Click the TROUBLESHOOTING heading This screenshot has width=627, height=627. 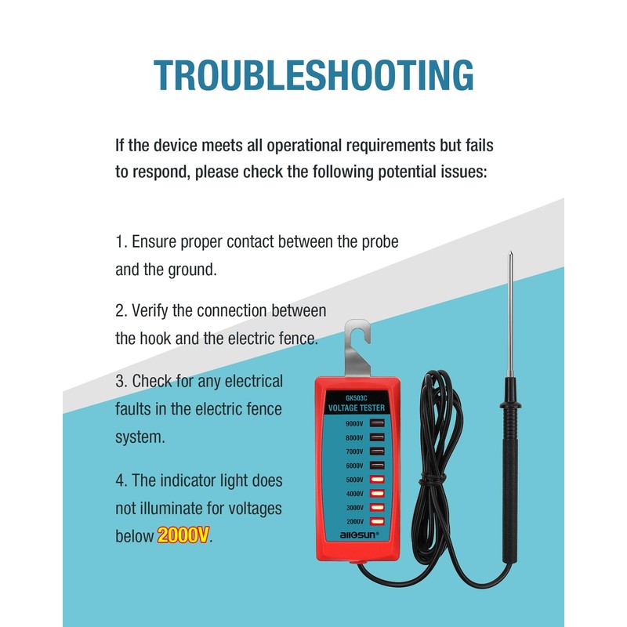[313, 74]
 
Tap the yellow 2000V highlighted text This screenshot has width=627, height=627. [183, 536]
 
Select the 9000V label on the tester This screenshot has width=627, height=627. [354, 424]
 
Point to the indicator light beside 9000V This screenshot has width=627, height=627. [377, 424]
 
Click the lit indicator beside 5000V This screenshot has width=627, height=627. [377, 480]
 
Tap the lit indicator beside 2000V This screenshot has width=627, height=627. [377, 521]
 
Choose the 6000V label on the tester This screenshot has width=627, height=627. [354, 466]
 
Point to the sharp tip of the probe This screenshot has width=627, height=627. [509, 255]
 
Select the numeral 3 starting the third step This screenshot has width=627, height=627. [120, 382]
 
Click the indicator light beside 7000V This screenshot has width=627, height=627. [377, 452]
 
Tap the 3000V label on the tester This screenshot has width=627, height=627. [354, 508]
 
